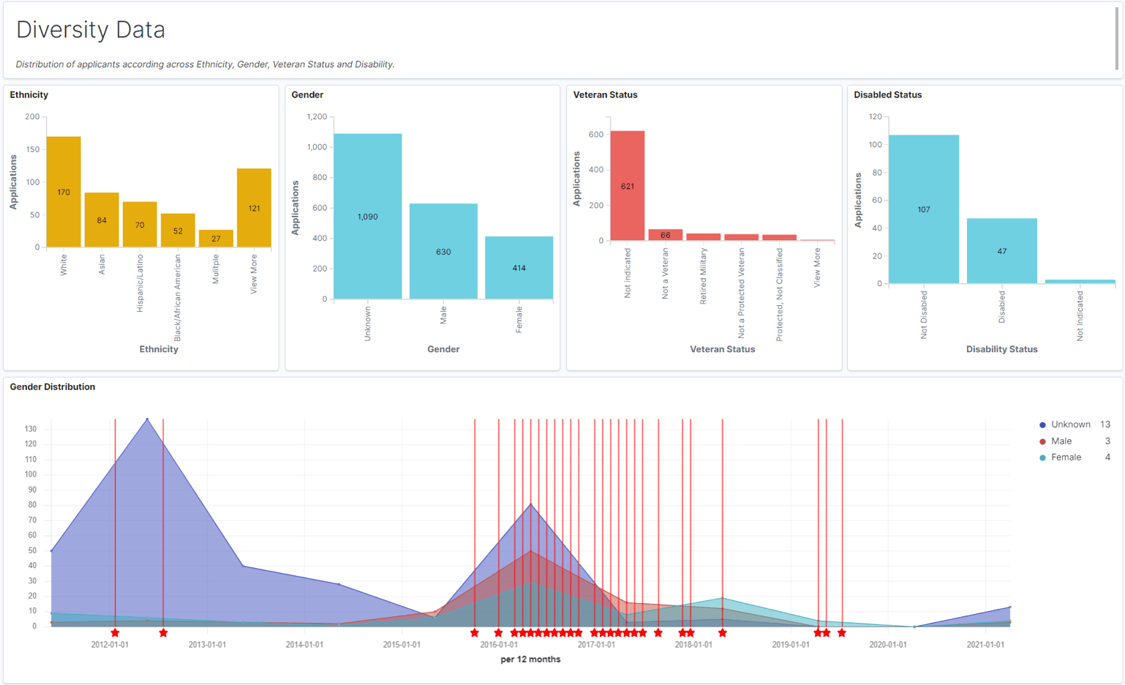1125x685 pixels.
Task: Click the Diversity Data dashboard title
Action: [x=91, y=30]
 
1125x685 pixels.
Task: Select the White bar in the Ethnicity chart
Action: [x=64, y=192]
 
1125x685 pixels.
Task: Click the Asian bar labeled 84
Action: [x=102, y=220]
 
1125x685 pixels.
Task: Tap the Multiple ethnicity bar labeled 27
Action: [x=216, y=238]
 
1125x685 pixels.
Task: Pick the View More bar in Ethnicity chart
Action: [x=254, y=208]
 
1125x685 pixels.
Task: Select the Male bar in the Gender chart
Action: [x=443, y=251]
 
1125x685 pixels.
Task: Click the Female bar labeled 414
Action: [x=519, y=267]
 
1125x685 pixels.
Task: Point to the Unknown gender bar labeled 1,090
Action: [x=367, y=216]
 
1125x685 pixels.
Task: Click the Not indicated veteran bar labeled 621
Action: [x=628, y=186]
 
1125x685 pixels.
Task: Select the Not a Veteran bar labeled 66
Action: [x=665, y=235]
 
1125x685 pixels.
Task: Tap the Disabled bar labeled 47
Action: [x=1001, y=250]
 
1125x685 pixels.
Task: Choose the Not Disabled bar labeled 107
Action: [x=924, y=209]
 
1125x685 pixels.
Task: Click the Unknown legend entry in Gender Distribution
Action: [x=1070, y=424]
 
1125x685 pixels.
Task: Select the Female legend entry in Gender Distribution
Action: [x=1066, y=457]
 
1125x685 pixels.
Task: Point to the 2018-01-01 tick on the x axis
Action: [x=693, y=645]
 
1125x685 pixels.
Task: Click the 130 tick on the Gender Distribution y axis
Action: [x=30, y=429]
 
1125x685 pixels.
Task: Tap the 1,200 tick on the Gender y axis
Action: [x=317, y=116]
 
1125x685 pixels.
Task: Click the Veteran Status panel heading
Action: [x=605, y=95]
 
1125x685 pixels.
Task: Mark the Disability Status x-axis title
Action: [x=1001, y=349]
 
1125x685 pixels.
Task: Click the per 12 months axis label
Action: [x=530, y=659]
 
